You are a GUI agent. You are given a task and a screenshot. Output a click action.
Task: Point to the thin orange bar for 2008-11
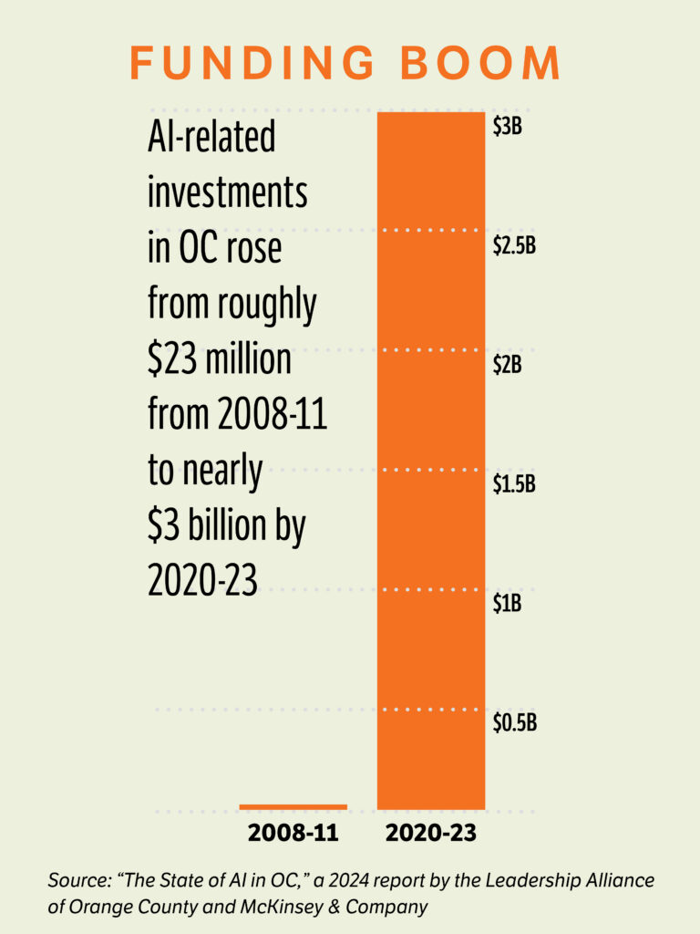[293, 806]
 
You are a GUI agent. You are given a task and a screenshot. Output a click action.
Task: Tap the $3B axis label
[507, 128]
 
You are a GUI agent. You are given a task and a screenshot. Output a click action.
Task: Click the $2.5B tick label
[514, 247]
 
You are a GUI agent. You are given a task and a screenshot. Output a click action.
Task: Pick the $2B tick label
[507, 366]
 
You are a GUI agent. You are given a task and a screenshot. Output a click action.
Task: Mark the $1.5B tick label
[514, 484]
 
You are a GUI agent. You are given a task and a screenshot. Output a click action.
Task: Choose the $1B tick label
[507, 604]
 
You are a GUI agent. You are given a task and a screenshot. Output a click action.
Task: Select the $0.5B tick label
[514, 723]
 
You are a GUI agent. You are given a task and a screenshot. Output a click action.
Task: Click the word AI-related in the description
[211, 139]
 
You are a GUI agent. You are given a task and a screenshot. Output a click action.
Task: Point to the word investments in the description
[227, 193]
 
